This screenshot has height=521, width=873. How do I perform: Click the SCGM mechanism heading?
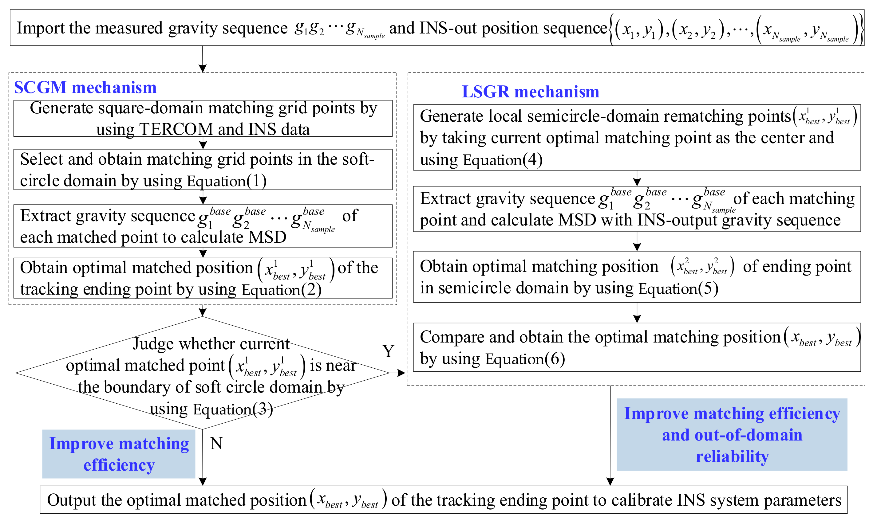point(85,88)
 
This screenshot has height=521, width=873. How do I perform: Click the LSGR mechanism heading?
point(530,92)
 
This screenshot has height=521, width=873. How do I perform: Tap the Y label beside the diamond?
point(388,351)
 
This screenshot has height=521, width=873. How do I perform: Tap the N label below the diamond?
point(216,443)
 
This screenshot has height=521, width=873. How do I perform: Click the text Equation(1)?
point(227,181)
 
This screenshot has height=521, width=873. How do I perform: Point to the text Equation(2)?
point(281,290)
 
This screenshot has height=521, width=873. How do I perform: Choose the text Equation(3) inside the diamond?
point(233,410)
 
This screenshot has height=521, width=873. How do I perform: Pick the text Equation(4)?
point(503,160)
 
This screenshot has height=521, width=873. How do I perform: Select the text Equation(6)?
point(525,359)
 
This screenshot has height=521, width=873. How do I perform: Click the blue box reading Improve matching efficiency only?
point(119,454)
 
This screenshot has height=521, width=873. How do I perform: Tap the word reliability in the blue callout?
point(733,457)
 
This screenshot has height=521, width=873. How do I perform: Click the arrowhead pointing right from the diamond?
point(401,373)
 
